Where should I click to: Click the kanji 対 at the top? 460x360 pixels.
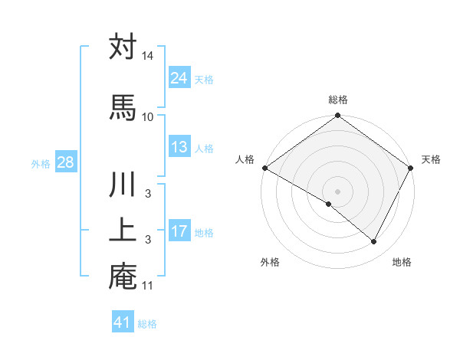pyautogui.click(x=123, y=47)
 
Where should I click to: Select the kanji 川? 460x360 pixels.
pyautogui.click(x=123, y=187)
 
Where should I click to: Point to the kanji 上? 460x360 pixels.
pyautogui.click(x=123, y=231)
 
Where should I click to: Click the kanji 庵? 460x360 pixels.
pyautogui.click(x=123, y=277)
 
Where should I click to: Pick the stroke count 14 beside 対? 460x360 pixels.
pyautogui.click(x=148, y=57)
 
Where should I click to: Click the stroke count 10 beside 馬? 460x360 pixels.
pyautogui.click(x=148, y=116)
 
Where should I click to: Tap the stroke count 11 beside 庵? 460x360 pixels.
pyautogui.click(x=148, y=286)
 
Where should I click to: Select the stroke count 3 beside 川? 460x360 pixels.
pyautogui.click(x=148, y=195)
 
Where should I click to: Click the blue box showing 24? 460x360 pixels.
pyautogui.click(x=179, y=77)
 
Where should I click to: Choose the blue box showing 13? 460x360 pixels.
pyautogui.click(x=179, y=147)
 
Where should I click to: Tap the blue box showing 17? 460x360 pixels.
pyautogui.click(x=179, y=231)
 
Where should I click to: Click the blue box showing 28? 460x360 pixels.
pyautogui.click(x=64, y=162)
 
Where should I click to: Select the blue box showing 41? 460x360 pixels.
pyautogui.click(x=123, y=322)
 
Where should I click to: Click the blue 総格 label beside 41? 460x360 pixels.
pyautogui.click(x=147, y=324)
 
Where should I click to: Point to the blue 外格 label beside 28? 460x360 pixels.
pyautogui.click(x=40, y=163)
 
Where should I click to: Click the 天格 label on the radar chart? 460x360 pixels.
pyautogui.click(x=431, y=159)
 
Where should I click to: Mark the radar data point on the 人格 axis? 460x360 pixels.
pyautogui.click(x=264, y=168)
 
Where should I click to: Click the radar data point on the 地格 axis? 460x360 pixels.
pyautogui.click(x=374, y=242)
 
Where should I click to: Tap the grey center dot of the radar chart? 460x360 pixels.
pyautogui.click(x=337, y=190)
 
